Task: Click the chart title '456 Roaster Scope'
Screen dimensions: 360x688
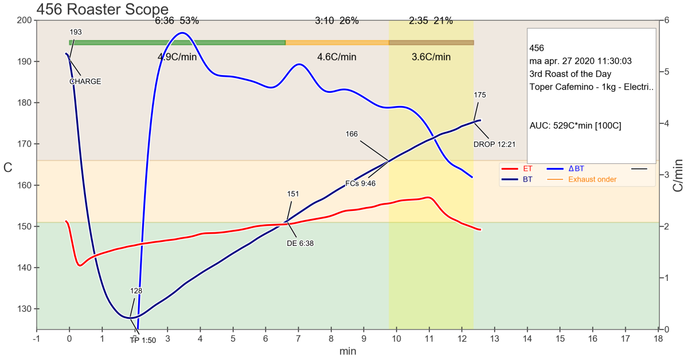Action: tap(102, 10)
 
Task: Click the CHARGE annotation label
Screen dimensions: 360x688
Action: tap(85, 81)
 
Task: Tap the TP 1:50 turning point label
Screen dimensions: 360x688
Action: tap(143, 341)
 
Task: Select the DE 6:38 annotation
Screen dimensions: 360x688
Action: tap(300, 243)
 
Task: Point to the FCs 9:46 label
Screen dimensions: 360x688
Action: tap(360, 183)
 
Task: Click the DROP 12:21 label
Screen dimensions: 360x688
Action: tap(494, 144)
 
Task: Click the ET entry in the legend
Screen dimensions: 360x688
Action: tap(527, 169)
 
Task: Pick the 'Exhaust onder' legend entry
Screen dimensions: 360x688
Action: tap(592, 179)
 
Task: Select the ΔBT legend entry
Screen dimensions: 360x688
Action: tap(576, 169)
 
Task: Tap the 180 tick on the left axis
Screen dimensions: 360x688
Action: tap(25, 103)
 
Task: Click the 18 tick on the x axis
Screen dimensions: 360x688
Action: tap(658, 338)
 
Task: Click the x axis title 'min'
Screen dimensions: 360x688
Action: tap(347, 351)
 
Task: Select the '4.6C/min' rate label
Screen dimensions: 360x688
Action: tap(337, 57)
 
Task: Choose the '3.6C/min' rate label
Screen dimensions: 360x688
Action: tap(431, 57)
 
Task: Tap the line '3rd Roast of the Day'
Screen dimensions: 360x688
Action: tap(571, 73)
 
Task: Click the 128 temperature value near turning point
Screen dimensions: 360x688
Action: tap(136, 291)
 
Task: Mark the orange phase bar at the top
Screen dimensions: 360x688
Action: tap(337, 42)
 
